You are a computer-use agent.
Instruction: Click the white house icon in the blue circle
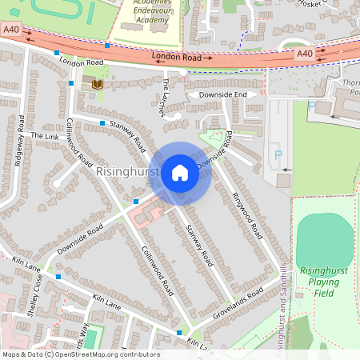pyautogui.click(x=180, y=173)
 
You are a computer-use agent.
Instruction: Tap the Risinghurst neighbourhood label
pyautogui.click(x=127, y=172)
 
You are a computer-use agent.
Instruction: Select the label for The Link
pyautogui.click(x=45, y=136)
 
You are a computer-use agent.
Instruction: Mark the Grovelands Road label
pyautogui.click(x=238, y=306)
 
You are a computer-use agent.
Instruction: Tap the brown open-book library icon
pyautogui.click(x=98, y=84)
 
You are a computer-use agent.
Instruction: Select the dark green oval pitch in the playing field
pyautogui.click(x=325, y=238)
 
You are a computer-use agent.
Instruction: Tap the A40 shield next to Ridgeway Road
pyautogui.click(x=10, y=29)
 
